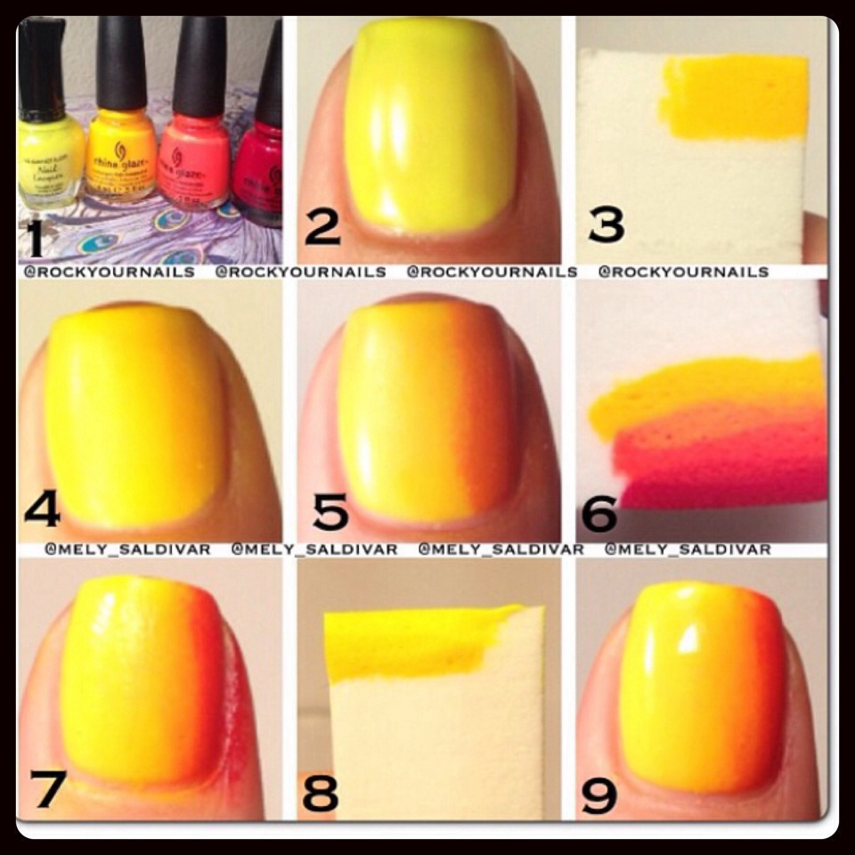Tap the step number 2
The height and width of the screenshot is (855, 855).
point(322,227)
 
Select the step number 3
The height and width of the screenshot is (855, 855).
point(607,224)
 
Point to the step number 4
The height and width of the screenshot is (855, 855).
point(41,509)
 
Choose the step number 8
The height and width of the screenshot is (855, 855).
point(320,790)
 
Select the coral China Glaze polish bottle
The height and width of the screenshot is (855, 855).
point(194,165)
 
